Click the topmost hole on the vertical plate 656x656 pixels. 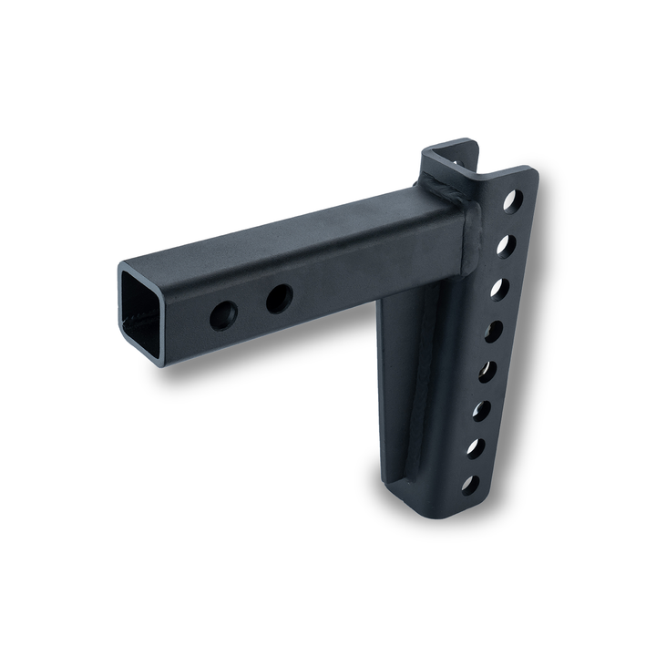click(x=512, y=200)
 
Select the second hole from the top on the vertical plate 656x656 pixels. click(x=506, y=245)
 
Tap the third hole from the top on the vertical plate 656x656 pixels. click(x=499, y=289)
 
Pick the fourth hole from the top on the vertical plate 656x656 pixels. click(x=493, y=331)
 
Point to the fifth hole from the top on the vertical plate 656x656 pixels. click(x=487, y=372)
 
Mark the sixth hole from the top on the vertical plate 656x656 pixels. click(x=481, y=411)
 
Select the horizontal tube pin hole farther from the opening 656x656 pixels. click(x=279, y=298)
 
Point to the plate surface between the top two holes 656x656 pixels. click(x=508, y=223)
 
